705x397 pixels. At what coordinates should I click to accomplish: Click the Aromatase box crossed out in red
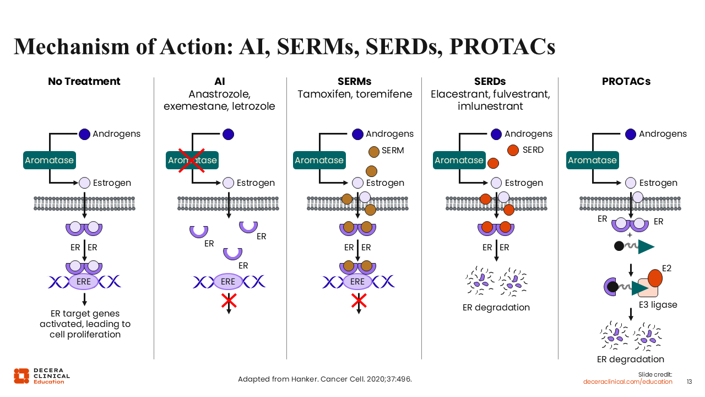pyautogui.click(x=192, y=160)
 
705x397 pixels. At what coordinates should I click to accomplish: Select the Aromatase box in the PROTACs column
pyautogui.click(x=592, y=160)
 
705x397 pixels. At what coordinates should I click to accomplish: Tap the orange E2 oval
pyautogui.click(x=655, y=277)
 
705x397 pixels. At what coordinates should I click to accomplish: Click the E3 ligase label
pyautogui.click(x=658, y=304)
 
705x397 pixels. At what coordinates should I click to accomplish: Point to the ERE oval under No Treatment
pyautogui.click(x=84, y=282)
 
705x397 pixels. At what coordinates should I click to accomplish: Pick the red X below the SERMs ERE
pyautogui.click(x=359, y=301)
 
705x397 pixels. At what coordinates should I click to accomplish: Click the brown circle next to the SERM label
pyautogui.click(x=373, y=151)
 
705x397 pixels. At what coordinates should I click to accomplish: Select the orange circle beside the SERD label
pyautogui.click(x=513, y=150)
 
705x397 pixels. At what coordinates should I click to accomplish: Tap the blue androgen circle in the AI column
pyautogui.click(x=228, y=134)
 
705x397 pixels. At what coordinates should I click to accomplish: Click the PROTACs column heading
pyautogui.click(x=626, y=82)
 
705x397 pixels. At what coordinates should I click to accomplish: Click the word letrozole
pyautogui.click(x=255, y=106)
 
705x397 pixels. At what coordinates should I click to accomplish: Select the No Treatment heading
pyautogui.click(x=84, y=82)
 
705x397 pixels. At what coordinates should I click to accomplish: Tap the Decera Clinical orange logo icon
pyautogui.click(x=21, y=375)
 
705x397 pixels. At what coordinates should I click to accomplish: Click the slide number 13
pyautogui.click(x=689, y=382)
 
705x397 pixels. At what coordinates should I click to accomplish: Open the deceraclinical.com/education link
pyautogui.click(x=627, y=382)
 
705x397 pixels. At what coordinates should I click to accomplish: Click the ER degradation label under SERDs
pyautogui.click(x=496, y=307)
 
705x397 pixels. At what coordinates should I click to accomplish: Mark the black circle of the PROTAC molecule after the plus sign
pyautogui.click(x=619, y=246)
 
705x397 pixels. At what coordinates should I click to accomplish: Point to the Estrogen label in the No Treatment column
pyautogui.click(x=112, y=183)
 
